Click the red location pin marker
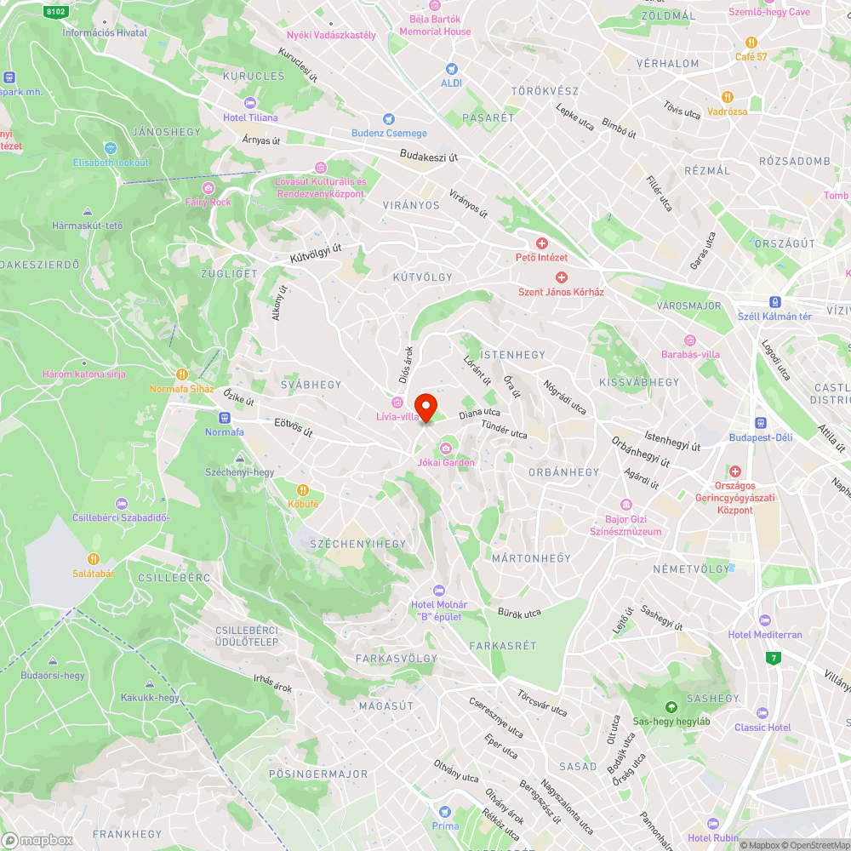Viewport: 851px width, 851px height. pyautogui.click(x=425, y=407)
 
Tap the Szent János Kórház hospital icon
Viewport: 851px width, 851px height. pyautogui.click(x=561, y=277)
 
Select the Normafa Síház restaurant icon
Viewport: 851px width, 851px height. pyautogui.click(x=181, y=374)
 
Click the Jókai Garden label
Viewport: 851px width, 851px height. pyautogui.click(x=446, y=462)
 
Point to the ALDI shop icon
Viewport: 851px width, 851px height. pyautogui.click(x=451, y=68)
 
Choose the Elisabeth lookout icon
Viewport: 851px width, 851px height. pyautogui.click(x=110, y=148)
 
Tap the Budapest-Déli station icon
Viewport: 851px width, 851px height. pyautogui.click(x=760, y=423)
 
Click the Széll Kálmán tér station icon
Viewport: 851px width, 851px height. pyautogui.click(x=774, y=302)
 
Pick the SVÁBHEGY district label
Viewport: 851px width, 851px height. pyautogui.click(x=311, y=385)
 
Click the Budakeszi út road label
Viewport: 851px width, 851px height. pyautogui.click(x=429, y=157)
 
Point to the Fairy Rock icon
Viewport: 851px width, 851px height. pyautogui.click(x=208, y=188)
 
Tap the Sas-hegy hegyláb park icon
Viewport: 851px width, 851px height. pyautogui.click(x=671, y=706)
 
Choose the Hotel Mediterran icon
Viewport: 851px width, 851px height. pyautogui.click(x=764, y=620)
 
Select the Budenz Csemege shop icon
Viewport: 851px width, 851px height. pyautogui.click(x=389, y=119)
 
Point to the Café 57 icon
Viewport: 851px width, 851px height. pyautogui.click(x=751, y=43)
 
